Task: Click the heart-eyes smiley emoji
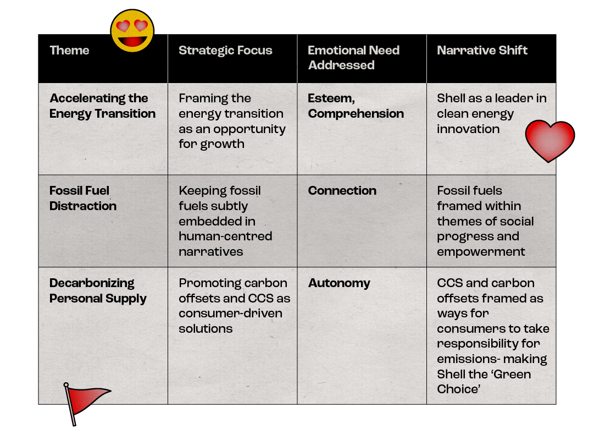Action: coord(132,31)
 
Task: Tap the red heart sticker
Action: coord(549,140)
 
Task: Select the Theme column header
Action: coord(69,51)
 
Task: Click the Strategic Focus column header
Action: coord(225,51)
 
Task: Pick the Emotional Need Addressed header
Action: coord(353,58)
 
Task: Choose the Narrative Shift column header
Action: coord(482,51)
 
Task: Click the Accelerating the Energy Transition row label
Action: coord(102,106)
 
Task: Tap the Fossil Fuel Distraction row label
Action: coord(82,199)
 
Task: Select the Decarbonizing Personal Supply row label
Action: coord(98,291)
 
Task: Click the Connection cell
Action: coord(342,191)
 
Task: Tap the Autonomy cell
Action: coord(339,283)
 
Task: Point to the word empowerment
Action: coord(481,252)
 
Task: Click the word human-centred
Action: coord(225,237)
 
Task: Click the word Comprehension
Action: coord(356,114)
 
